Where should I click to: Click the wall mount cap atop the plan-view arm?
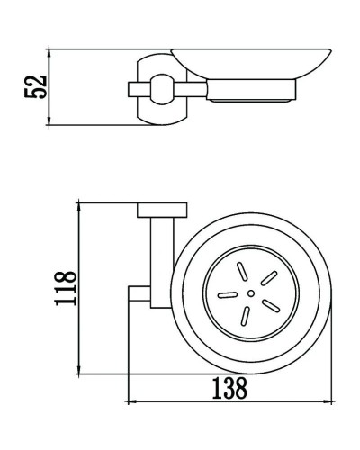click(159, 211)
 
